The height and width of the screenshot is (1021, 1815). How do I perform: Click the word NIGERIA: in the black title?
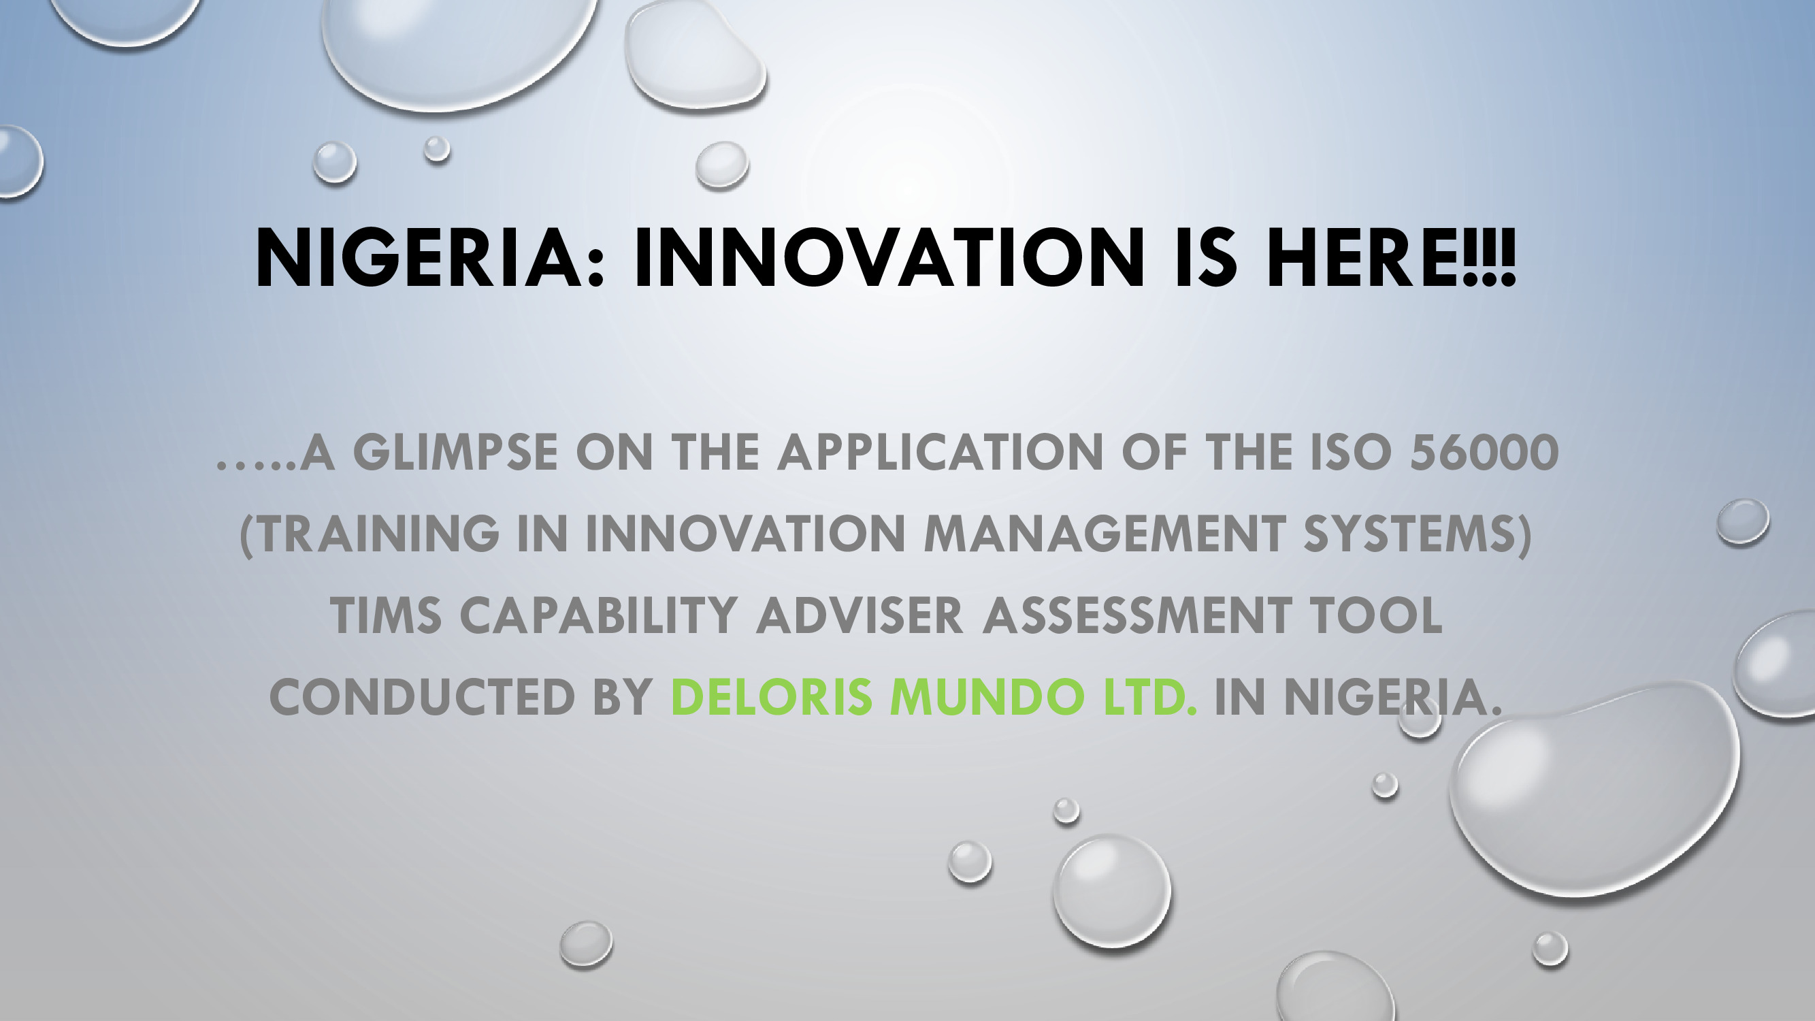[430, 258]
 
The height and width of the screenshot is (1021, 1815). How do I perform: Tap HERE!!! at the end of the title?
[1391, 258]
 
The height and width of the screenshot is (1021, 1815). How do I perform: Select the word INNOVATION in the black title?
[889, 258]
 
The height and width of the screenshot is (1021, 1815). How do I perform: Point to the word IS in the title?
[1205, 258]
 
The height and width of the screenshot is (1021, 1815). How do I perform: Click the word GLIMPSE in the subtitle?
[455, 453]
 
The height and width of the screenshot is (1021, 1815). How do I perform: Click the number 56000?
[1484, 453]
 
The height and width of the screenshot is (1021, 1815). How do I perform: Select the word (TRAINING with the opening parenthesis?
[370, 534]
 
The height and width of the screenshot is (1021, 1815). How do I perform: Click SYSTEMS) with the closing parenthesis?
[1418, 534]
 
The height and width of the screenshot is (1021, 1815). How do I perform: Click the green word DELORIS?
[772, 698]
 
